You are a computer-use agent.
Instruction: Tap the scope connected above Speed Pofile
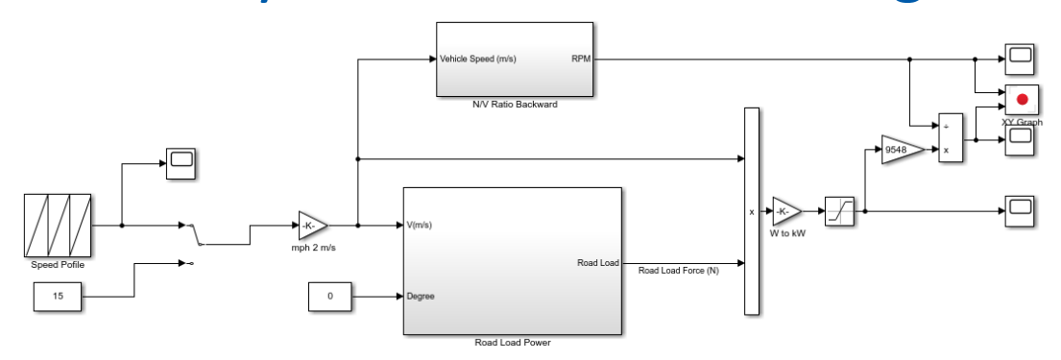coord(181,162)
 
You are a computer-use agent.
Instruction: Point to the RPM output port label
coord(581,59)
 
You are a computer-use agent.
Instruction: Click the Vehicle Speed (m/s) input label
coord(477,59)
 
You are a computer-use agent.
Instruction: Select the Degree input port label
coord(421,297)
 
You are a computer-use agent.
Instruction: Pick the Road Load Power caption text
coord(513,343)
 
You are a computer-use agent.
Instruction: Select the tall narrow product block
coord(752,211)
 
